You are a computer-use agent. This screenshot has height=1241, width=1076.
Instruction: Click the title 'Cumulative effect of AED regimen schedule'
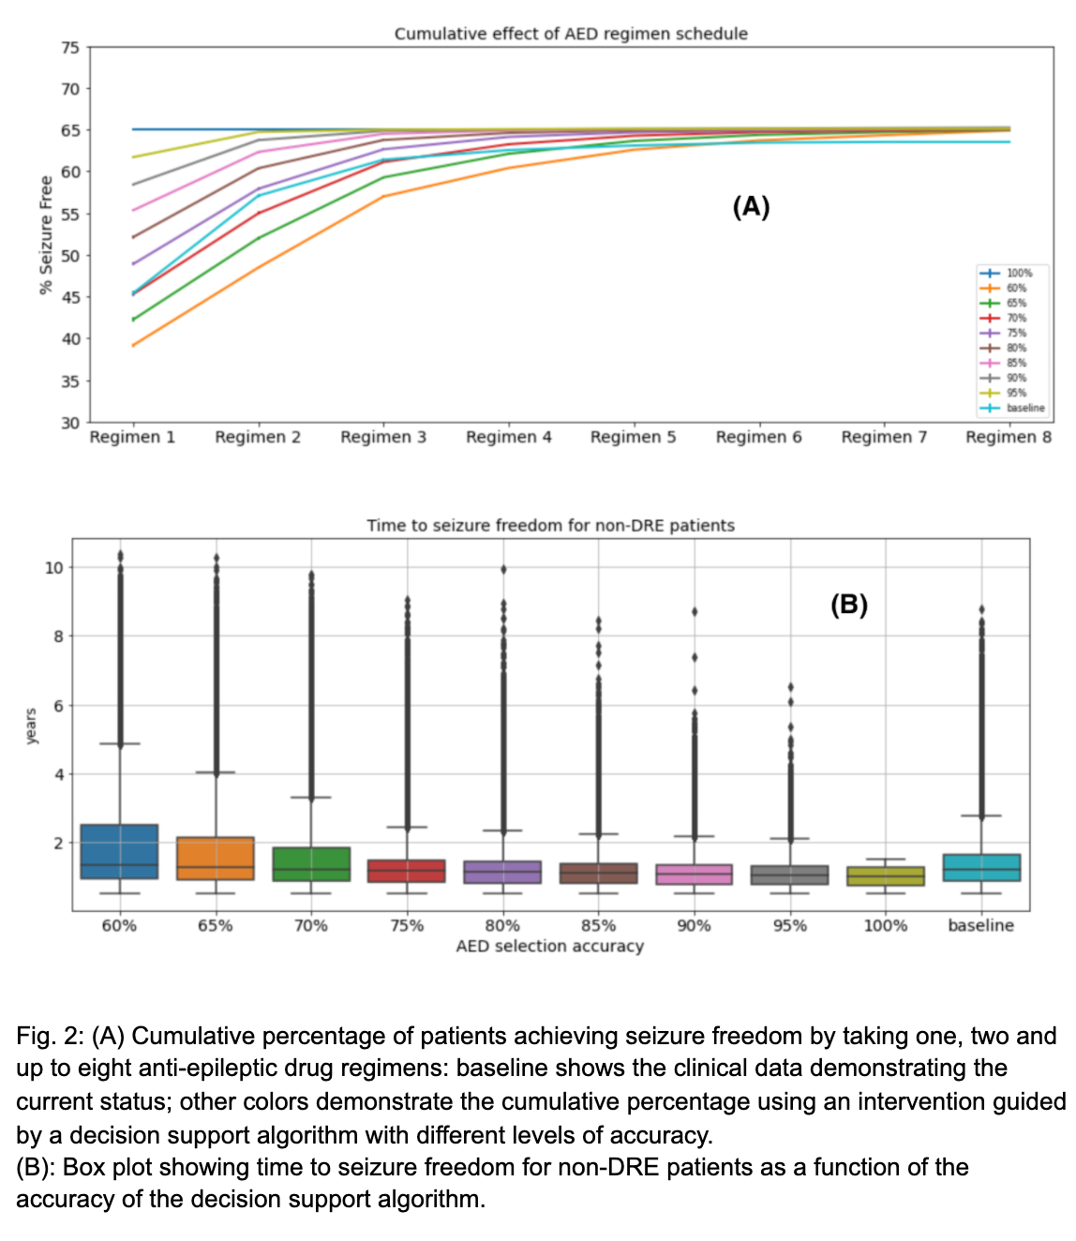click(x=571, y=34)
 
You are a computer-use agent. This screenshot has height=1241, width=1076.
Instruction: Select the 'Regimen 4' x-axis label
click(x=508, y=437)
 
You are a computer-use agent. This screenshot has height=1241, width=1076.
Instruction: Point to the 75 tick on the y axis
click(x=70, y=48)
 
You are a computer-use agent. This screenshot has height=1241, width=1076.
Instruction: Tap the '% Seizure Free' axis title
click(x=46, y=235)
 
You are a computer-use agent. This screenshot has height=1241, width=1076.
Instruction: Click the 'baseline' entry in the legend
click(x=1025, y=408)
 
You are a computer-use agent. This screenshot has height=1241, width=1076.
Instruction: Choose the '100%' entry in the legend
click(x=1019, y=273)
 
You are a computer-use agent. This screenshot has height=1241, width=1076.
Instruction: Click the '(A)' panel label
click(x=751, y=206)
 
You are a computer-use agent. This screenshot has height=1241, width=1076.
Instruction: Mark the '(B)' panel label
click(x=849, y=605)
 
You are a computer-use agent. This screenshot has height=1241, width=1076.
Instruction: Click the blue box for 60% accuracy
click(x=119, y=851)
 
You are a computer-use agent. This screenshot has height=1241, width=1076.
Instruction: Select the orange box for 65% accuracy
click(x=216, y=858)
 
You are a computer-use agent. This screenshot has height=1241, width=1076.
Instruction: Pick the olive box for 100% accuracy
click(x=886, y=876)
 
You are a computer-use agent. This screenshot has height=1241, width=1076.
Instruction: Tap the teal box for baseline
click(x=981, y=867)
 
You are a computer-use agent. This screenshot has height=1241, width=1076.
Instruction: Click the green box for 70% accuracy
click(x=311, y=863)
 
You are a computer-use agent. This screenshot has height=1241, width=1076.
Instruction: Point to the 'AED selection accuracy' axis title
click(x=550, y=947)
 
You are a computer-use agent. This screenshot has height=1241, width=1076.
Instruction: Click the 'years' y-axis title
click(x=31, y=726)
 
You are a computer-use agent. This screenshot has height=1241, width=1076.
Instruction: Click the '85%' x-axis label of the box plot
click(x=598, y=926)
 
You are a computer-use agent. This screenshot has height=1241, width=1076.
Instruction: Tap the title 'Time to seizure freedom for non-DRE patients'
click(x=550, y=526)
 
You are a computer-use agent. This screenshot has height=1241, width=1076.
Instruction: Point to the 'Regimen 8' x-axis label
click(x=1009, y=437)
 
